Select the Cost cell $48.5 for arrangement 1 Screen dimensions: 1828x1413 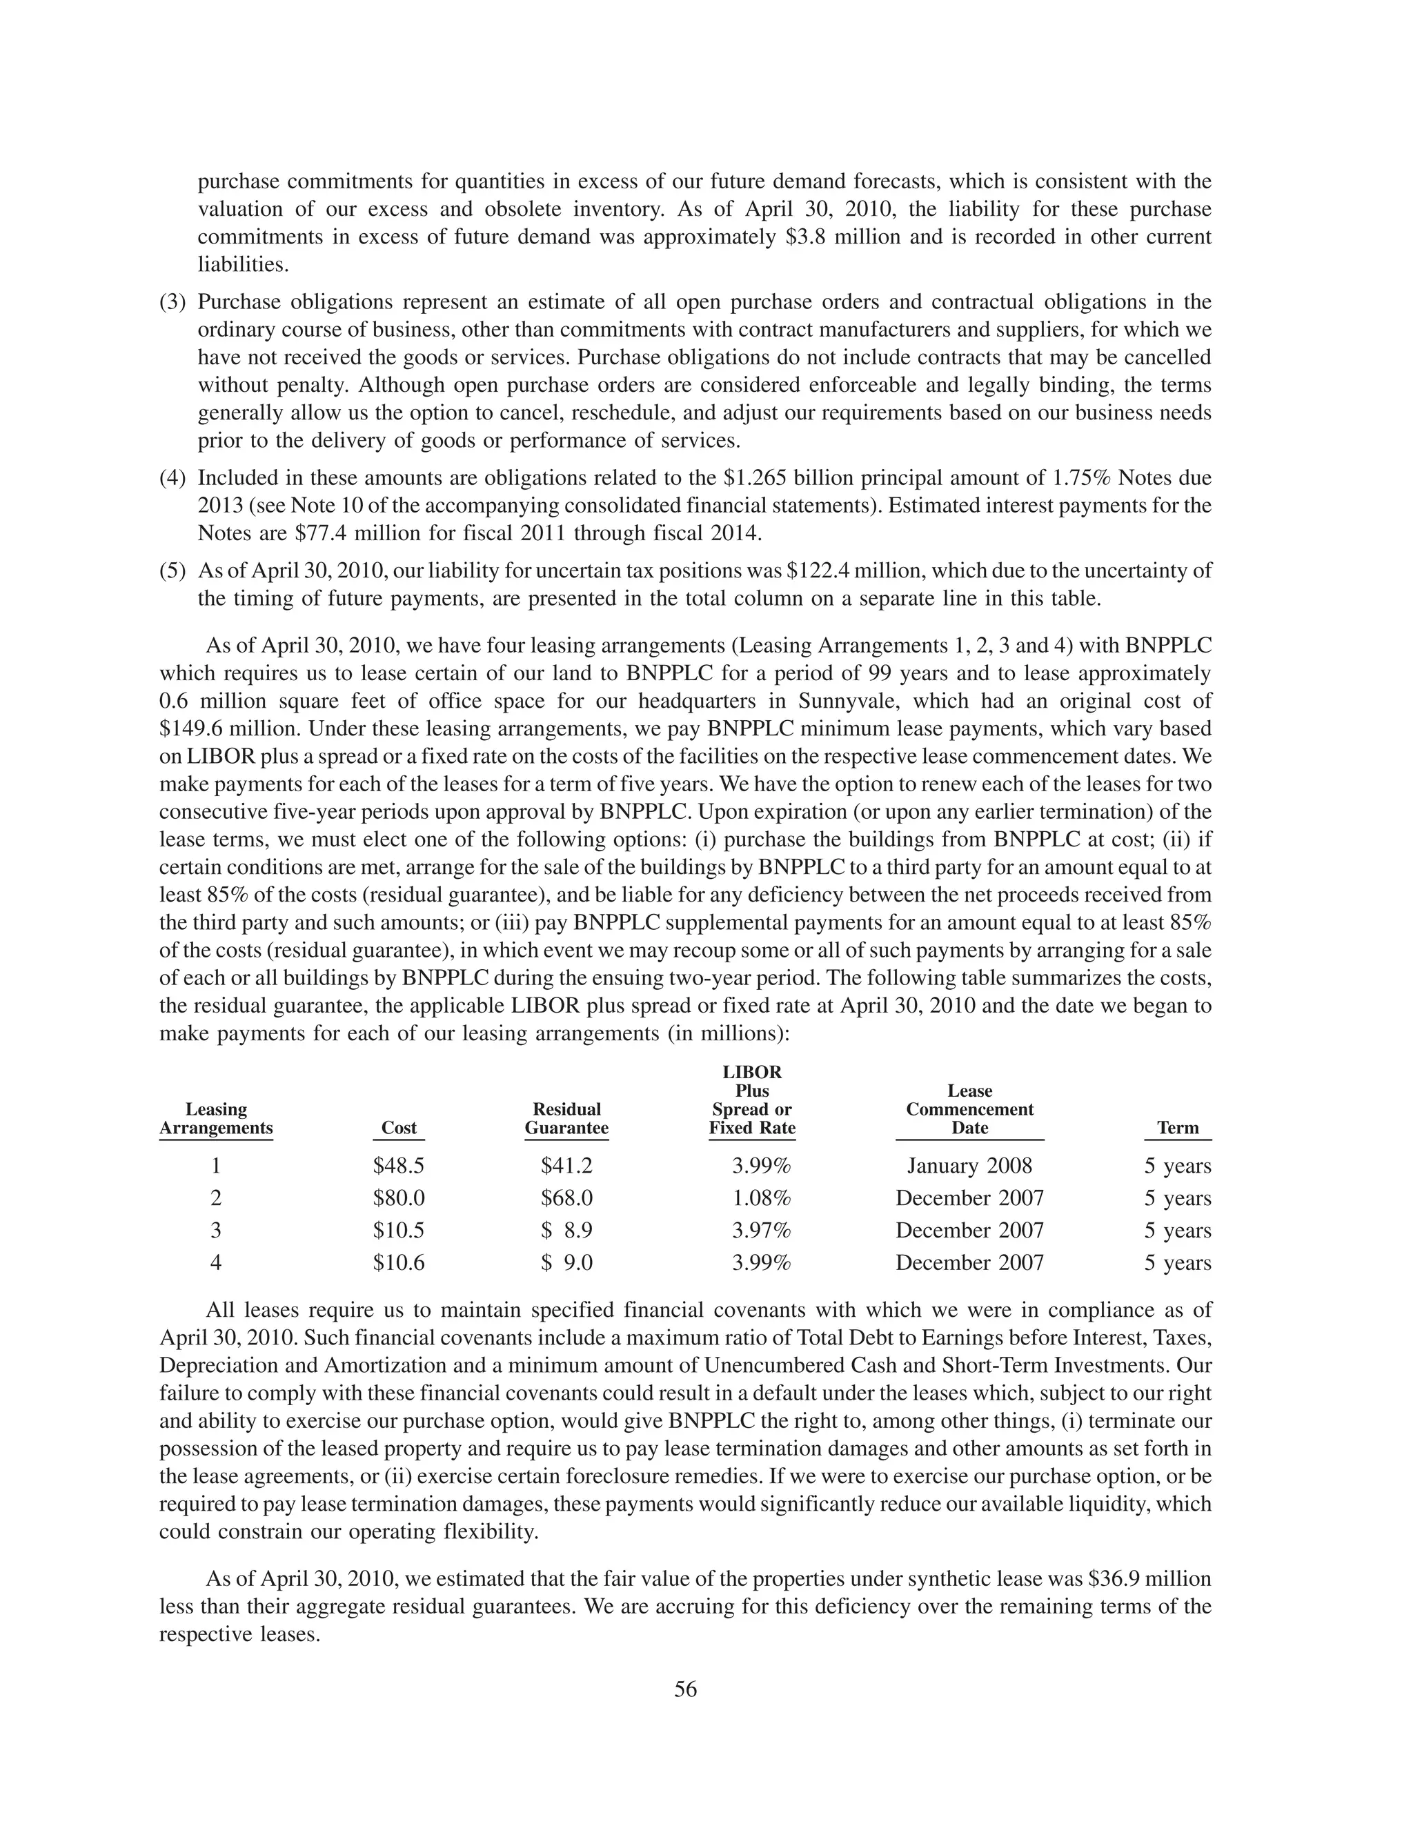pyautogui.click(x=399, y=1166)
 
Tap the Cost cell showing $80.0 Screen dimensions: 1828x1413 pyautogui.click(x=399, y=1198)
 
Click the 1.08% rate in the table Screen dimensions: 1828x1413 pyautogui.click(x=761, y=1198)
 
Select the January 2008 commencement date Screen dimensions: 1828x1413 pyautogui.click(x=969, y=1166)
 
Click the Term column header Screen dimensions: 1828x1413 pyautogui.click(x=1177, y=1127)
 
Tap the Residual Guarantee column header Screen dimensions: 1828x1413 pyautogui.click(x=566, y=1118)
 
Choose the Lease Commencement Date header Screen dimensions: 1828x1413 pyautogui.click(x=969, y=1109)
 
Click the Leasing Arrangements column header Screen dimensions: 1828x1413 pyautogui.click(x=216, y=1118)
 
